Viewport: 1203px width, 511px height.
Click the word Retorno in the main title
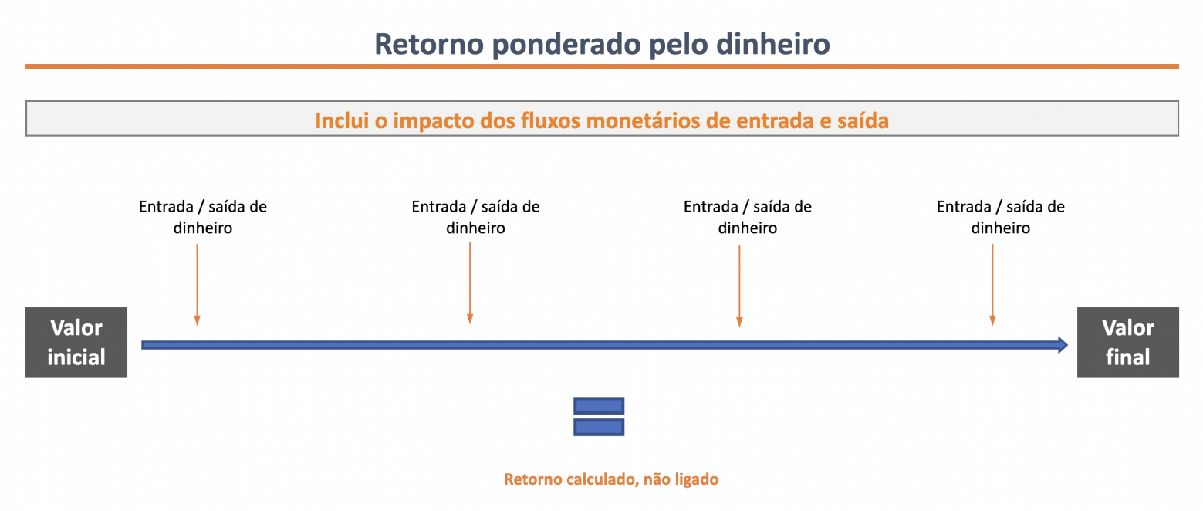point(428,44)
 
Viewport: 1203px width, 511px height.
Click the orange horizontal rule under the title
point(602,66)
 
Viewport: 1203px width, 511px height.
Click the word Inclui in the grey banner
point(342,120)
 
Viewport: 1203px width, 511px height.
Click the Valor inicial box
point(76,343)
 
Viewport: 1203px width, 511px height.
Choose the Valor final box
point(1128,343)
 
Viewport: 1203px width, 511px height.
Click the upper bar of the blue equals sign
point(599,406)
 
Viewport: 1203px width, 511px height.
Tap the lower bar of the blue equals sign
point(599,427)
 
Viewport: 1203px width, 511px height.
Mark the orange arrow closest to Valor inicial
point(197,285)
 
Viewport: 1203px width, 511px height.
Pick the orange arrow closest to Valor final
point(992,285)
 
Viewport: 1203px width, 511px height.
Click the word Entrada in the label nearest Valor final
point(964,207)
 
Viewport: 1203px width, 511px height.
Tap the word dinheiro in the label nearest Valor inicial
point(203,228)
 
